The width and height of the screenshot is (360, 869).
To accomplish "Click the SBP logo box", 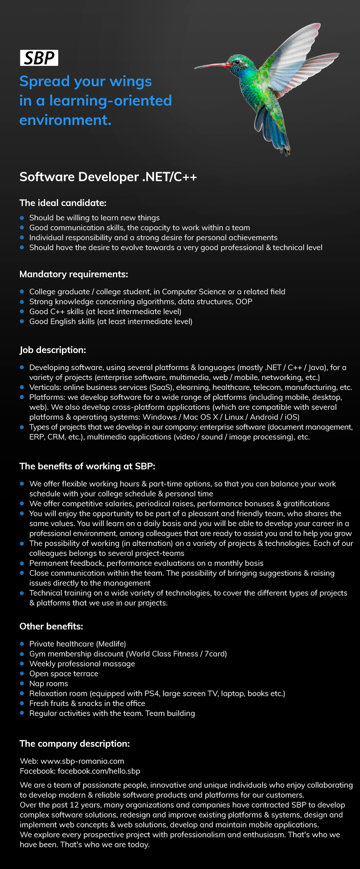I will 39,58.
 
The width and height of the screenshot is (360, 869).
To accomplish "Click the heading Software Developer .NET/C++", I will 108,177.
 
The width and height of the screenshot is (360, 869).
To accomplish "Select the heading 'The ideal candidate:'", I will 63,203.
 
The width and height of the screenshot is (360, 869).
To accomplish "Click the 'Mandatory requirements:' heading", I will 74,274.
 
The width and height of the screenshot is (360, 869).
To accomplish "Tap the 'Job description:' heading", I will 53,350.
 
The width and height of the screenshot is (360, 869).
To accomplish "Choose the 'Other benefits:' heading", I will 51,626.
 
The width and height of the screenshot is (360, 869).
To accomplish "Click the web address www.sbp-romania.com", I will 82,761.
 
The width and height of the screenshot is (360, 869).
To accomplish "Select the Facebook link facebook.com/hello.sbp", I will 99,771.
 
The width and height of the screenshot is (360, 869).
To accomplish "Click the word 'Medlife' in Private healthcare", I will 111,644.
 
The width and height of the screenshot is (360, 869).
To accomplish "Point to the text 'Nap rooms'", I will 49,684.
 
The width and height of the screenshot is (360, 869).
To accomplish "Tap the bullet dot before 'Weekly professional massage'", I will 22,664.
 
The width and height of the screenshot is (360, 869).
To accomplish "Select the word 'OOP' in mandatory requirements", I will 244,302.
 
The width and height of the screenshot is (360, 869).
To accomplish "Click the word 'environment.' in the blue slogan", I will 65,120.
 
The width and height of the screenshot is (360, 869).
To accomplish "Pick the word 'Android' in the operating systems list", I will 264,417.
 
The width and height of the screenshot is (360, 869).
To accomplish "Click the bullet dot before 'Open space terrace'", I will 22,674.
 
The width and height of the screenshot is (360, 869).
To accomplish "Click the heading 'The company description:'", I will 74,744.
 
